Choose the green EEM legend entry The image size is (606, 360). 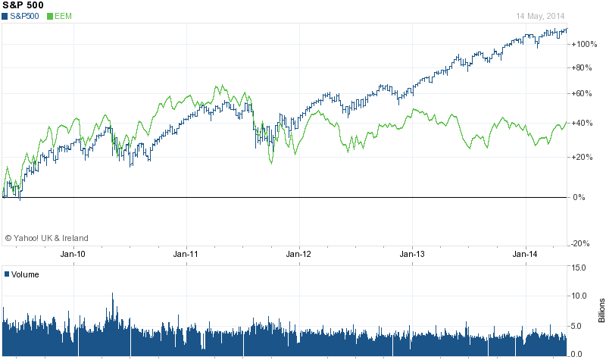(x=61, y=16)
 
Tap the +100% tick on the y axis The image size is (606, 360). (x=583, y=44)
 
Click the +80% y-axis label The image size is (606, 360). (x=582, y=68)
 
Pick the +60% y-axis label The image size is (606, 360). (x=582, y=94)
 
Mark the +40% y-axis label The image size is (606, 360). (x=582, y=124)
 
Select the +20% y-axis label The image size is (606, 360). (x=582, y=158)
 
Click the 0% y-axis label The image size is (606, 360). (x=579, y=197)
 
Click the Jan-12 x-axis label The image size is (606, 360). (x=298, y=255)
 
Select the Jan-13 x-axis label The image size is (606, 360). (x=412, y=255)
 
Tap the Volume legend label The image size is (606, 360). (x=24, y=274)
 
